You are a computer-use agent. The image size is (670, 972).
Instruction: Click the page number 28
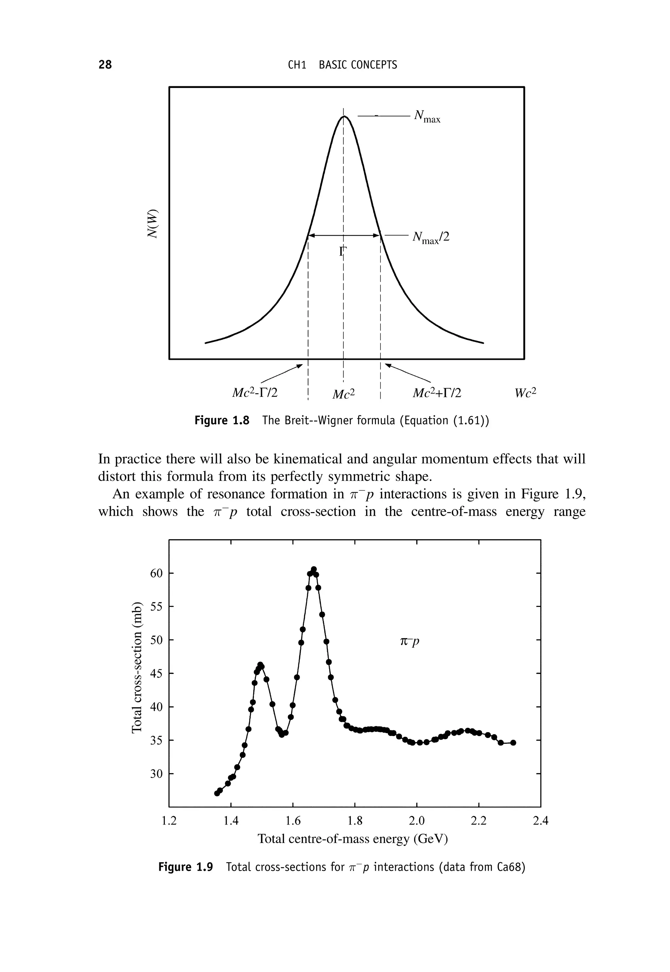tap(105, 65)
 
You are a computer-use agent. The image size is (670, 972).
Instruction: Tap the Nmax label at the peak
tap(427, 117)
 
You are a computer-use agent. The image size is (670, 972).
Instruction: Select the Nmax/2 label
tap(431, 238)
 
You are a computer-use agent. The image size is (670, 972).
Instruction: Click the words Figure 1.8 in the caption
tap(222, 420)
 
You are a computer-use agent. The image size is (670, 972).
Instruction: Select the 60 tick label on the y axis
tap(156, 573)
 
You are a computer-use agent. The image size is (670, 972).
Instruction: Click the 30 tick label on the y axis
tap(156, 774)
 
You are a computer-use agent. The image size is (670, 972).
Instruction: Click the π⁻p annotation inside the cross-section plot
tap(410, 641)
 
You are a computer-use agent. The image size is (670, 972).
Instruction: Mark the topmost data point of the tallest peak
tap(314, 569)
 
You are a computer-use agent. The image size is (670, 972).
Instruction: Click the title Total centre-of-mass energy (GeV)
tap(353, 839)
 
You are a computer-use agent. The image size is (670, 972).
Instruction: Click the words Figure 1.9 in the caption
tap(185, 867)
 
